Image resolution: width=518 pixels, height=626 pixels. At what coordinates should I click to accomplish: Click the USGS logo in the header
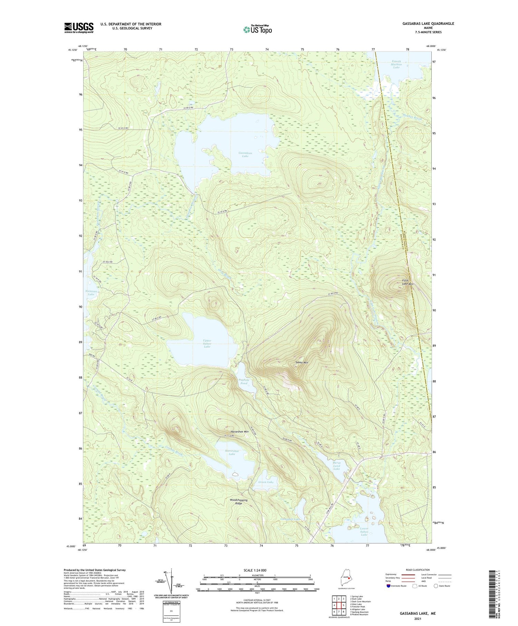click(x=79, y=28)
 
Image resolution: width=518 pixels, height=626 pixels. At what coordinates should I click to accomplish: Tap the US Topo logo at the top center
click(x=257, y=29)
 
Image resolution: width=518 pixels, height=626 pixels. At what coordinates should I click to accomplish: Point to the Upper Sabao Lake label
click(x=207, y=344)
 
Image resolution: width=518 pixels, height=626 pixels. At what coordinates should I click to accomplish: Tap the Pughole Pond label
click(x=244, y=382)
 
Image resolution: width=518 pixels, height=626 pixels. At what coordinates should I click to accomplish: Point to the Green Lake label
click(x=266, y=482)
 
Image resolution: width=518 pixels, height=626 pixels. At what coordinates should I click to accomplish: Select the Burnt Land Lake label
click(x=336, y=466)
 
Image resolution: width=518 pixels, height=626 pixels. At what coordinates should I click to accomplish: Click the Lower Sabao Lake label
click(x=364, y=531)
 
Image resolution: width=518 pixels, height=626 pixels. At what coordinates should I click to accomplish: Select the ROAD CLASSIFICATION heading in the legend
click(x=418, y=570)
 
